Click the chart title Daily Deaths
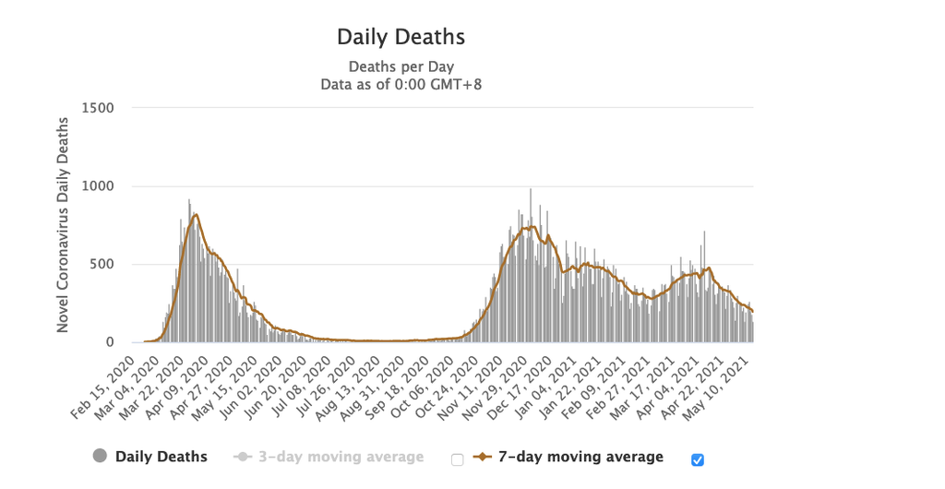coord(401,37)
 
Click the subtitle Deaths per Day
coord(401,66)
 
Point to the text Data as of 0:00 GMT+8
coord(401,84)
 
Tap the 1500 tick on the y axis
coord(98,108)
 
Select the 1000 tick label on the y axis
coord(98,186)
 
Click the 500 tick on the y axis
coord(102,265)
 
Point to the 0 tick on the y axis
coord(110,342)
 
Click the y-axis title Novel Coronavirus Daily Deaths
coord(63,224)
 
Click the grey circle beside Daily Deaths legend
coord(100,456)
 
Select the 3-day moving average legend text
coord(341,458)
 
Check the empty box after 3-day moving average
coord(458,460)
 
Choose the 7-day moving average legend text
coord(581,457)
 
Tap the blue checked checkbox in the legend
coord(698,460)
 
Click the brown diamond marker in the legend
coord(482,457)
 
